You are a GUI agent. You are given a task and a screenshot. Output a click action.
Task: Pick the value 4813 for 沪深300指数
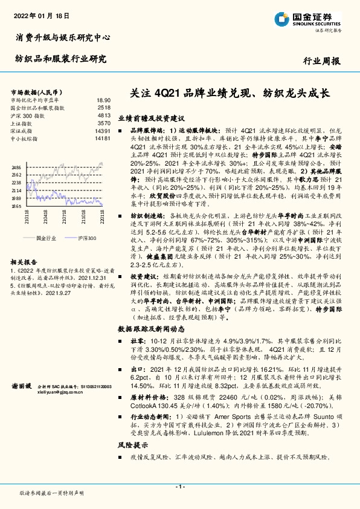pos(103,114)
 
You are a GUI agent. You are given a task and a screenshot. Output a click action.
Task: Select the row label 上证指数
pos(24,122)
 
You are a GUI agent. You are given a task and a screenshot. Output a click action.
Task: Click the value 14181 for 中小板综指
pos(102,138)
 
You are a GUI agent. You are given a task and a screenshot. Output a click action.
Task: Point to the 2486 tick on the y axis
pos(16,167)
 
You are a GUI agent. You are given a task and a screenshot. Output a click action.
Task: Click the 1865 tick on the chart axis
pos(16,206)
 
